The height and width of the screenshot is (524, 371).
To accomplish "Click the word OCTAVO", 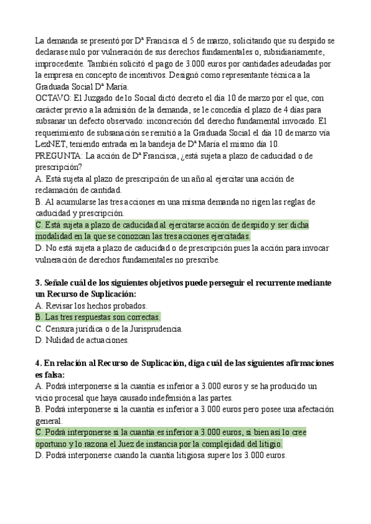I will tap(52, 98).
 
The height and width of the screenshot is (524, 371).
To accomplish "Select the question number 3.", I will tap(38, 283).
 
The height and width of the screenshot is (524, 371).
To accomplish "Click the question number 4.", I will tap(38, 363).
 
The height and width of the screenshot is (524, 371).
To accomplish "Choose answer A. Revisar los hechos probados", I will tap(92, 306).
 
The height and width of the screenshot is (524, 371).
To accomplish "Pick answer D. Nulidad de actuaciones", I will tap(82, 340).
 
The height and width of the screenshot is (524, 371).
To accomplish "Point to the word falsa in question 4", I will tap(54, 374).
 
